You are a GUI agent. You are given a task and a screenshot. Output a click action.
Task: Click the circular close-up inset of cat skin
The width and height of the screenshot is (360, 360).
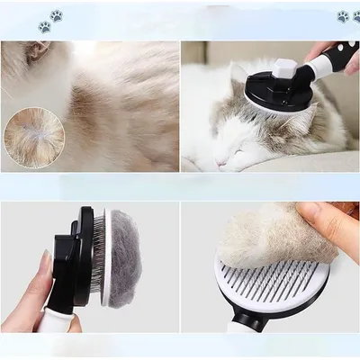point(34,137)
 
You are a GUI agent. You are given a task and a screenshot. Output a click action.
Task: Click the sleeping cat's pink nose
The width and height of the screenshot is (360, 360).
point(222,164)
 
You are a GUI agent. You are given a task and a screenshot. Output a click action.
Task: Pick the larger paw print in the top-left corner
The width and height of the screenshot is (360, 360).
point(56,15)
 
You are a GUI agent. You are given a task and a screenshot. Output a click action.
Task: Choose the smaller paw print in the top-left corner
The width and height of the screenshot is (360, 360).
point(44,27)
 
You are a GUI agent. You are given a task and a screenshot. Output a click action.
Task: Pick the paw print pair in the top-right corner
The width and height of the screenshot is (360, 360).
point(348,16)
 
